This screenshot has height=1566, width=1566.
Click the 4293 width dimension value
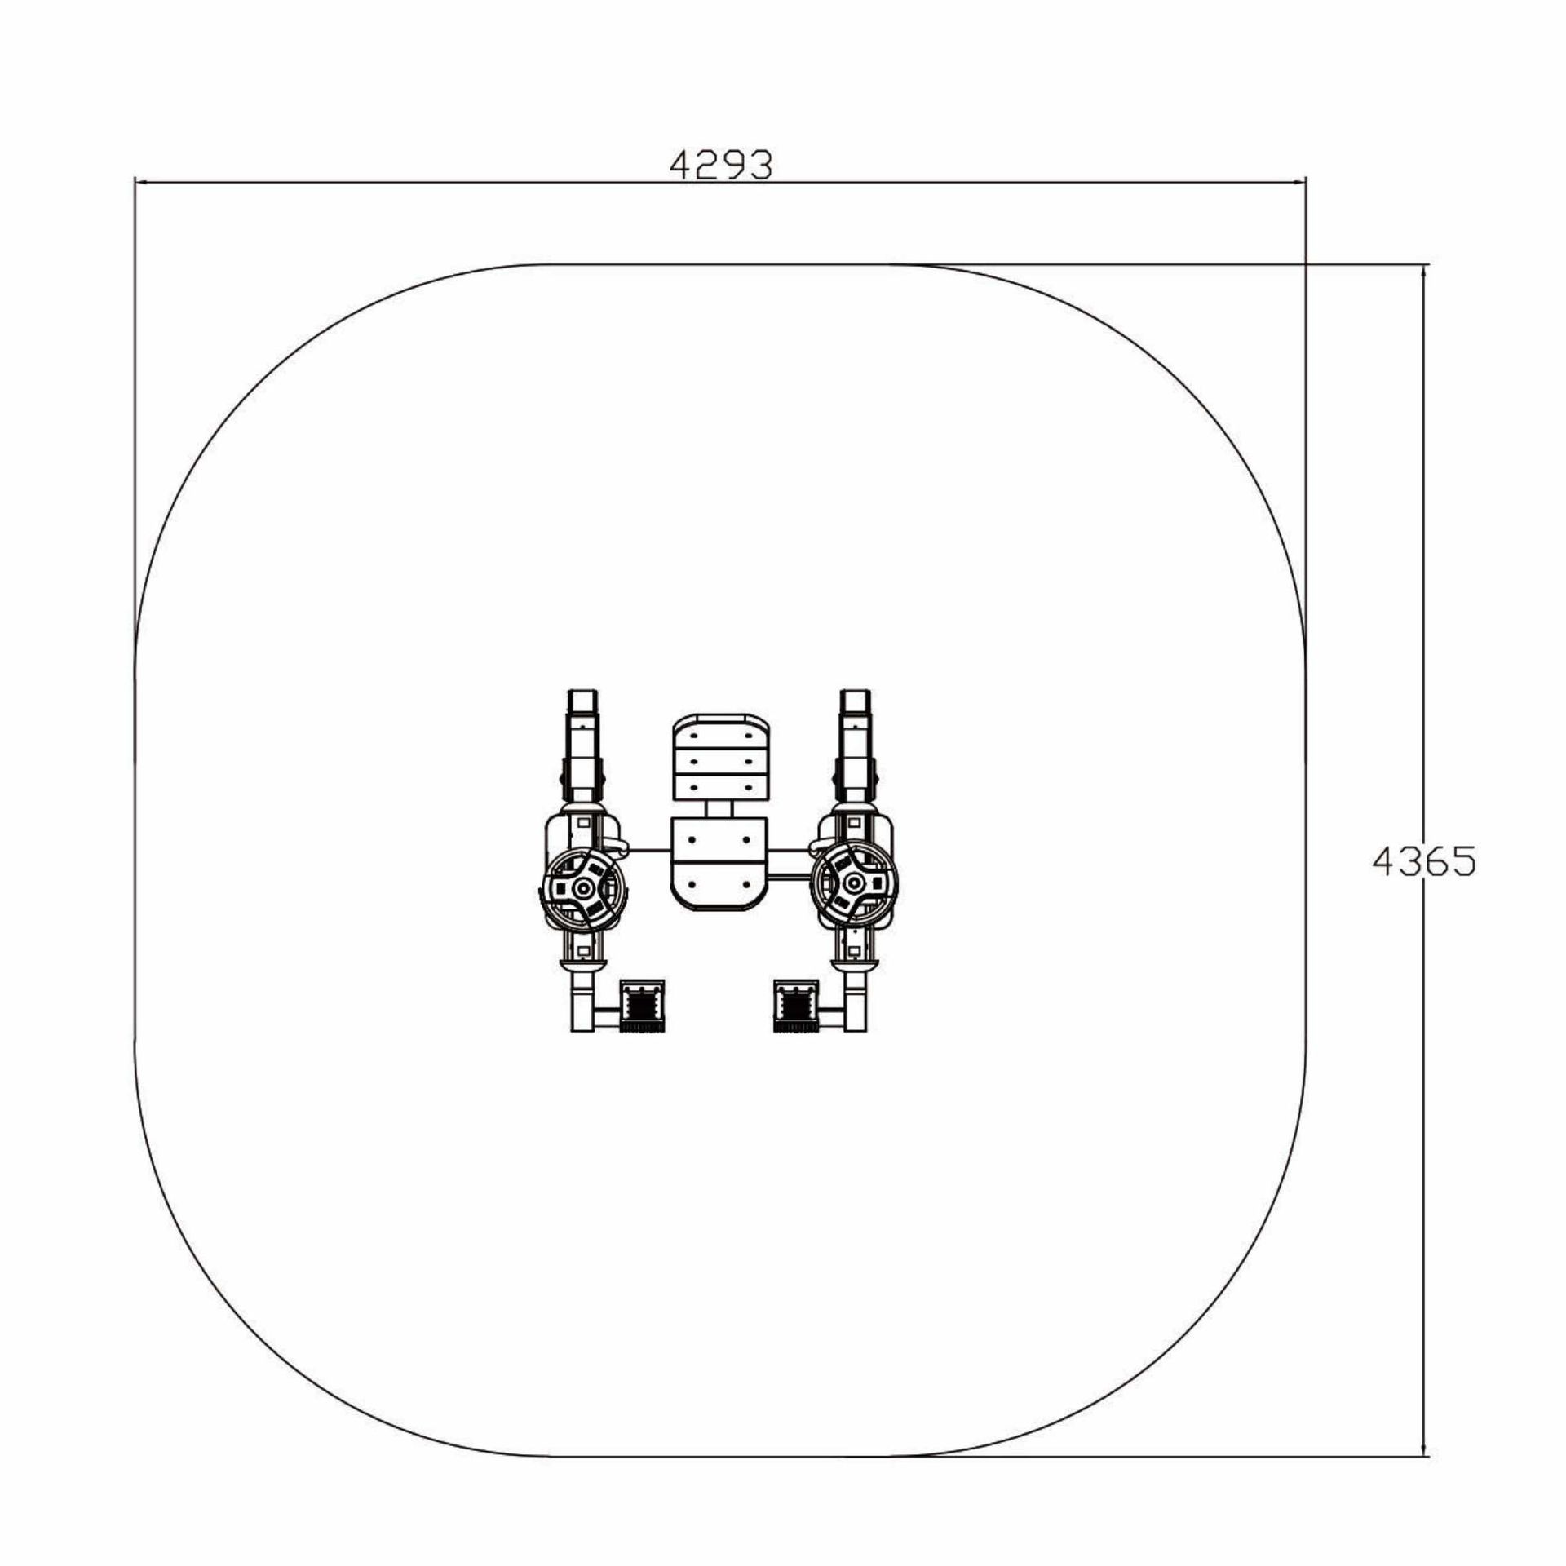[x=720, y=166]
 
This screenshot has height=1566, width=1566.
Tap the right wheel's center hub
[x=855, y=883]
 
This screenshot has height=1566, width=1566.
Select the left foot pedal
[x=643, y=1006]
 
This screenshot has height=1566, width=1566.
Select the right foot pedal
[x=795, y=1006]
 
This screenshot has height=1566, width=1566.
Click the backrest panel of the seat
[x=720, y=757]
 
